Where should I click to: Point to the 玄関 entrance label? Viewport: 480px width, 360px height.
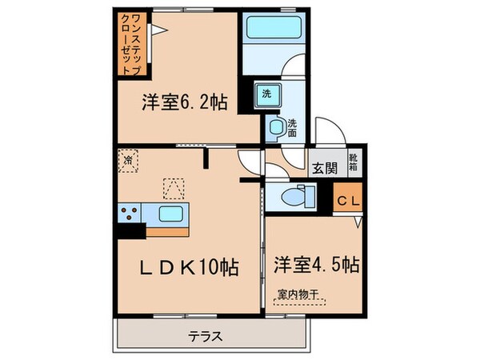click(x=324, y=168)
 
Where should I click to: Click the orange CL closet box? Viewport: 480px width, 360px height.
click(x=347, y=200)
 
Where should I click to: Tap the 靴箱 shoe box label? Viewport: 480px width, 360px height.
click(x=354, y=162)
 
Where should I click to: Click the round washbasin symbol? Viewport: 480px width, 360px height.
click(x=277, y=126)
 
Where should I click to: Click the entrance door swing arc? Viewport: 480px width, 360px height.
click(x=328, y=132)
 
